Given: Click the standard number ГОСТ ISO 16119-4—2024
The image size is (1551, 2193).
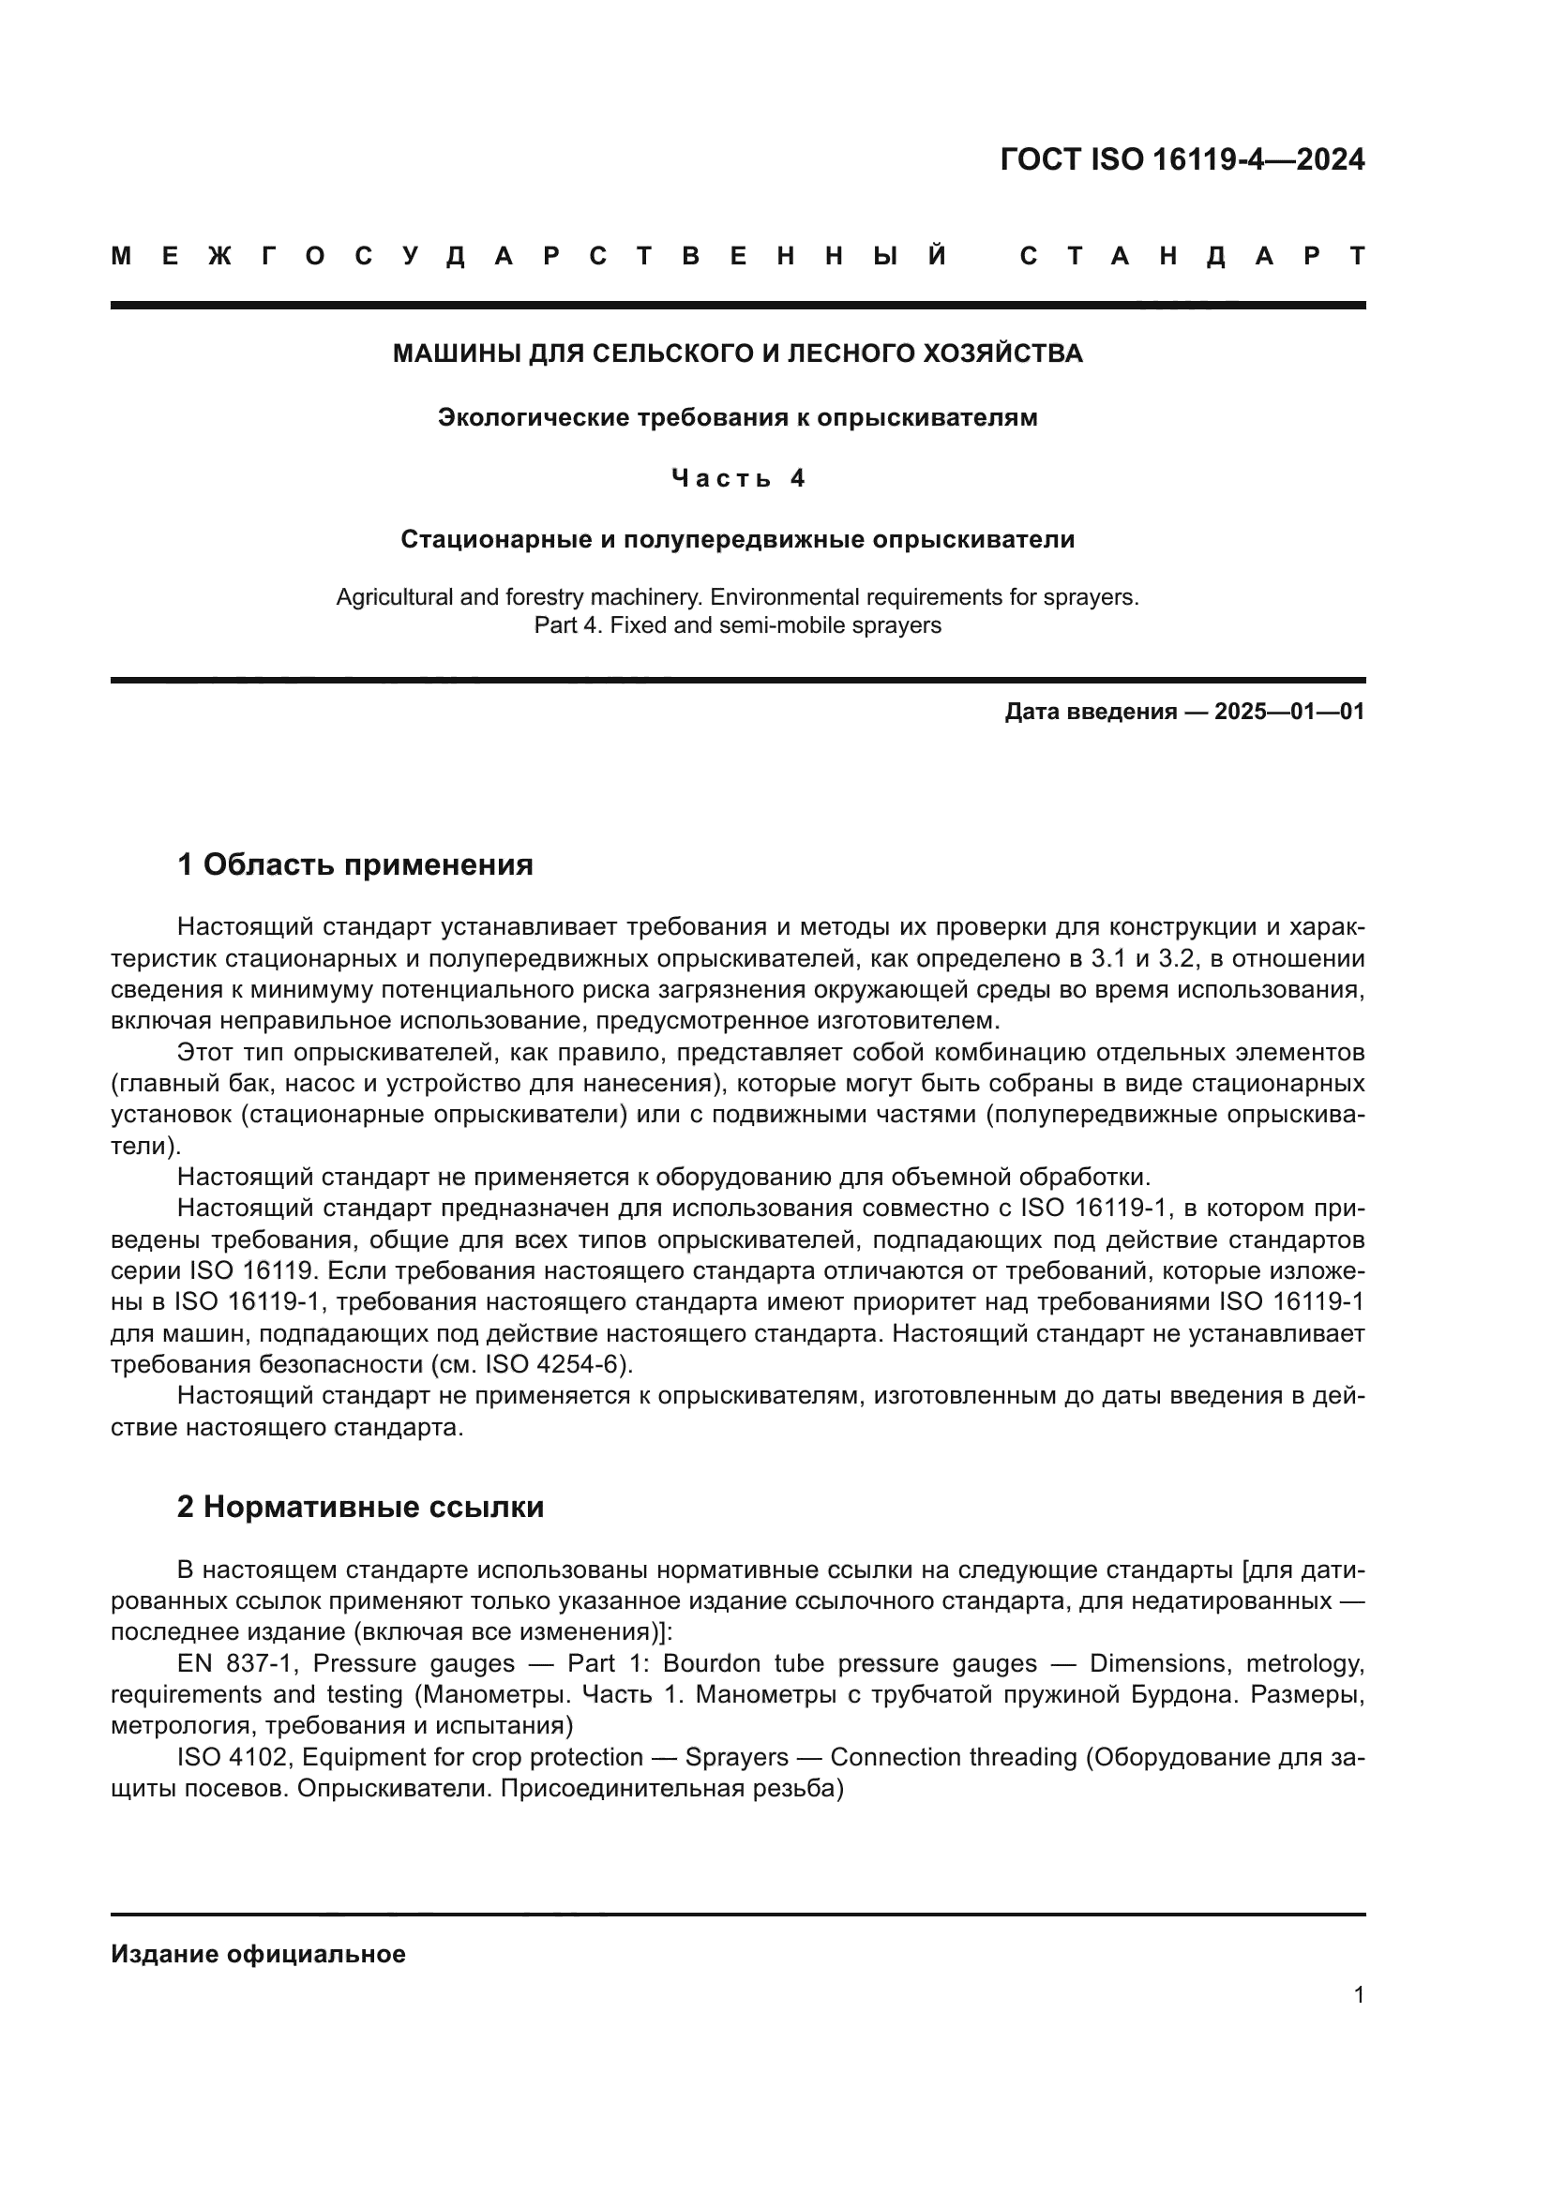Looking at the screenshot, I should [x=1182, y=159].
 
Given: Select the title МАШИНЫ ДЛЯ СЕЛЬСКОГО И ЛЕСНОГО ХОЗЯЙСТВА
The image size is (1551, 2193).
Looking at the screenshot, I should [x=737, y=354].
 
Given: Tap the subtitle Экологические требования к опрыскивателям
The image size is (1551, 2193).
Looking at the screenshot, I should [x=737, y=417].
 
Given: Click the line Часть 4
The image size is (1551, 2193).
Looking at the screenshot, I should [x=737, y=478].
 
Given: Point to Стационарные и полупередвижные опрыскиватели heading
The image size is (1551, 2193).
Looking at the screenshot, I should [x=737, y=540].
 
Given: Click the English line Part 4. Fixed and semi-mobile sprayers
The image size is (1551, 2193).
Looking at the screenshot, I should [x=737, y=625].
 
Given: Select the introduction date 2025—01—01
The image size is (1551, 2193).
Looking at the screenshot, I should [x=1289, y=712].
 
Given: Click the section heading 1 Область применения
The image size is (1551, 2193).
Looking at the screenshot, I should [x=354, y=865].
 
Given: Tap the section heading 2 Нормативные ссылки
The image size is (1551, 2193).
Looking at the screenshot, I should [x=360, y=1508].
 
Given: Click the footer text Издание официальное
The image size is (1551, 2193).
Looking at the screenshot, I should [x=258, y=1954].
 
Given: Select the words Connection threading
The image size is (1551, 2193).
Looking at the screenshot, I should [x=953, y=1756].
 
